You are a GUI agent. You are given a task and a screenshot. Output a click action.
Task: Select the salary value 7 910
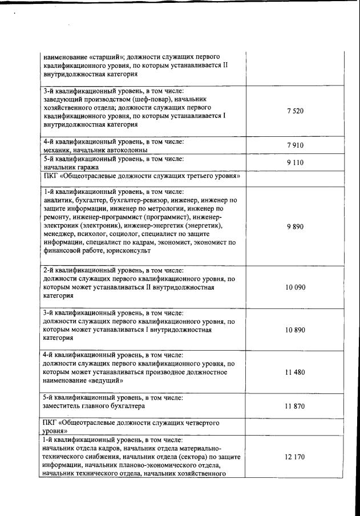[295, 145]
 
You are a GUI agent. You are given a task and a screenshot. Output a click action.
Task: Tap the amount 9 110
[295, 162]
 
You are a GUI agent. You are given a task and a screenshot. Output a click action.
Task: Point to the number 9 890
[295, 226]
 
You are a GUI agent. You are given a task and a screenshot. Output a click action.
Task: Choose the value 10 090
[295, 287]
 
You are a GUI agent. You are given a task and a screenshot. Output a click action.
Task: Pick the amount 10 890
[295, 330]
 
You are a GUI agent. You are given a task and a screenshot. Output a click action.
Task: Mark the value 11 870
[295, 406]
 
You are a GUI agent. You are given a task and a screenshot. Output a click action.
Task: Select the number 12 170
[295, 457]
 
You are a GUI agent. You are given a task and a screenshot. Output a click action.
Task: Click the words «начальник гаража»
[71, 167]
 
